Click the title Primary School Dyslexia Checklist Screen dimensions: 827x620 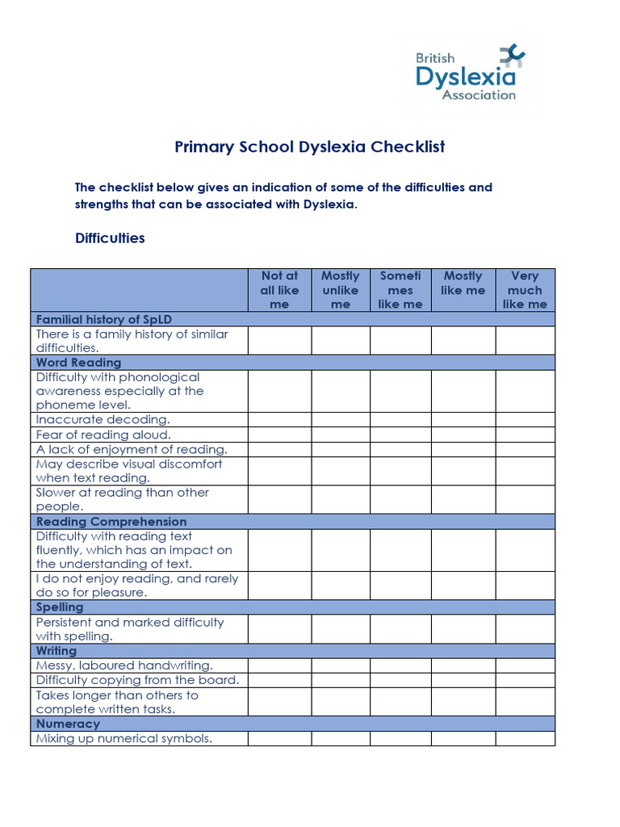tap(310, 147)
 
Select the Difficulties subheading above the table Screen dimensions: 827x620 tap(110, 238)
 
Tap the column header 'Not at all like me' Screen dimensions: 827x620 tap(279, 290)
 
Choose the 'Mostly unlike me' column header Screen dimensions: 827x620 tap(341, 290)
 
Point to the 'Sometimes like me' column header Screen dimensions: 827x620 tap(400, 290)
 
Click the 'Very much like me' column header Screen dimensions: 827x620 tap(525, 290)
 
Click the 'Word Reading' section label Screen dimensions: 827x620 tap(78, 363)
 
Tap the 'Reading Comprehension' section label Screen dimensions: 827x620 tap(111, 522)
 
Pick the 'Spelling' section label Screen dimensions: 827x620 tap(60, 607)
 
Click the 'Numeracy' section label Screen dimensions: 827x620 tap(68, 724)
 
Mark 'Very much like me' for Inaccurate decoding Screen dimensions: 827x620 tap(525, 420)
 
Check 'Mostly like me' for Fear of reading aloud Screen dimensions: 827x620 tap(463, 434)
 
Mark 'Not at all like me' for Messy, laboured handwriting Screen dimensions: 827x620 tap(279, 665)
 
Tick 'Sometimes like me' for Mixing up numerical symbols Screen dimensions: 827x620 tap(400, 738)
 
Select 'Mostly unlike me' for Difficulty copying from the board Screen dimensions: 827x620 tap(341, 680)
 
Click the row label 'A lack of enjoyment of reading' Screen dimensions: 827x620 tap(132, 449)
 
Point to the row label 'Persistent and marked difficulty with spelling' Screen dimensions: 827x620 tap(130, 629)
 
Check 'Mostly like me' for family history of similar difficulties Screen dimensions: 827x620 tap(463, 341)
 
